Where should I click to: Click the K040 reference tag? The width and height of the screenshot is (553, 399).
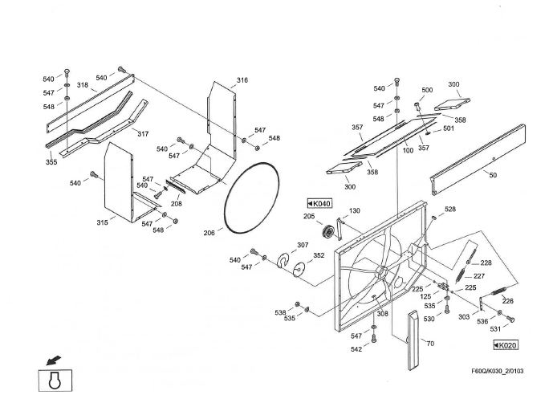tap(319, 204)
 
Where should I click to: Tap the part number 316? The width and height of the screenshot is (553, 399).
tap(242, 80)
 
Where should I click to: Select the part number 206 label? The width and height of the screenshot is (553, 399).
tap(208, 233)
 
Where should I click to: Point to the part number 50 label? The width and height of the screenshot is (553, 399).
tap(492, 174)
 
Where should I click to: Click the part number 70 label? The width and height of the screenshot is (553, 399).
tap(429, 344)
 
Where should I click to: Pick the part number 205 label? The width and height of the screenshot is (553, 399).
tap(309, 216)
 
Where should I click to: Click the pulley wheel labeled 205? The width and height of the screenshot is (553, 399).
tap(327, 232)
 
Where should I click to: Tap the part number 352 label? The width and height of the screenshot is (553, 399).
tap(319, 256)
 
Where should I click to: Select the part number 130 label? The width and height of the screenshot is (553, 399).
tap(354, 211)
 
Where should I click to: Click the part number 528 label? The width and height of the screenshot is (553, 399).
tap(450, 209)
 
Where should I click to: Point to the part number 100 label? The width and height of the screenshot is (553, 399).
tap(408, 150)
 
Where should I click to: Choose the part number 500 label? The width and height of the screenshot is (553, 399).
tap(427, 90)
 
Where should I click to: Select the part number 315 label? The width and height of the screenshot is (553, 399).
tap(103, 222)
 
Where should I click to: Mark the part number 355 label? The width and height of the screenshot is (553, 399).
tap(51, 162)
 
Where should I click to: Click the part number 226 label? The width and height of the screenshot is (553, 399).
tap(507, 301)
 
